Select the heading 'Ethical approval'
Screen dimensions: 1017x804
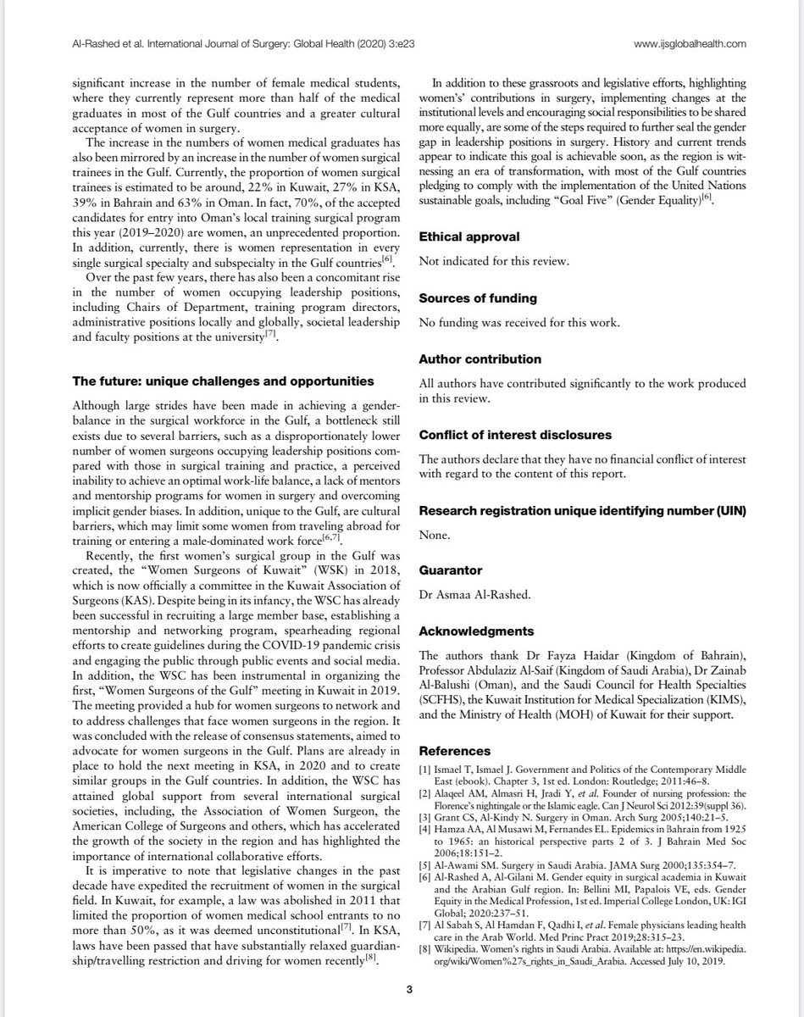click(x=469, y=237)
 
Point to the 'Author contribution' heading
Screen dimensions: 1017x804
click(x=480, y=359)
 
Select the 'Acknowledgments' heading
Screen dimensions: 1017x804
click(x=476, y=631)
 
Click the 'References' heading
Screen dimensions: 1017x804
click(x=455, y=751)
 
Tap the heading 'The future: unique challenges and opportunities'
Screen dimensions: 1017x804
click(x=223, y=380)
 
